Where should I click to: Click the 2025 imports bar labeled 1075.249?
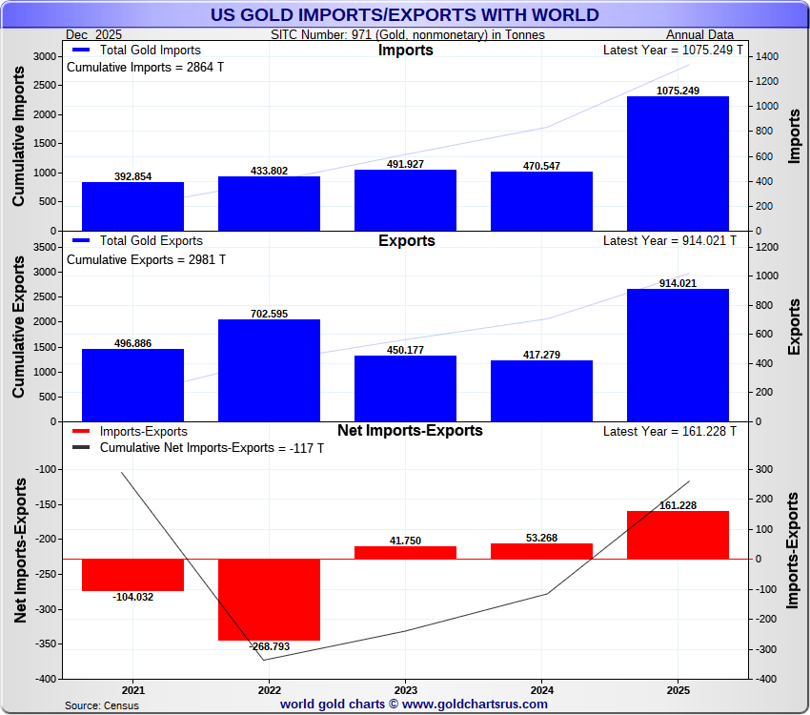(678, 163)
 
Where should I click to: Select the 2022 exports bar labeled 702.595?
(269, 370)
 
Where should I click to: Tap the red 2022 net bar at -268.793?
(269, 600)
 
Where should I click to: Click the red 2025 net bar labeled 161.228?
(678, 535)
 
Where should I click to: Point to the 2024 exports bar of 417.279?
(541, 391)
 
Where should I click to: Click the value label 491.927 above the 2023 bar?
(405, 164)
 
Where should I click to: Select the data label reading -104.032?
(132, 597)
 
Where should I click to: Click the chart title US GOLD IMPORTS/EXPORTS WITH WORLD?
(405, 14)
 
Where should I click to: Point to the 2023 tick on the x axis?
(405, 689)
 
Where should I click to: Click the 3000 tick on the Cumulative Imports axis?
(43, 56)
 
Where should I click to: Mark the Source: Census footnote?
(102, 705)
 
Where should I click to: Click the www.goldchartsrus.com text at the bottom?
(476, 705)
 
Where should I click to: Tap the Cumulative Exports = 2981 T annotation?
(146, 259)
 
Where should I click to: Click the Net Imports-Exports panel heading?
(410, 431)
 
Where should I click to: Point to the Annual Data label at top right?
(699, 35)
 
